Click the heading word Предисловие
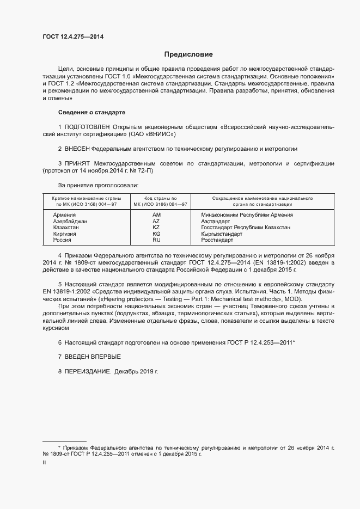click(x=188, y=54)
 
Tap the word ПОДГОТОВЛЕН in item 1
click(x=88, y=126)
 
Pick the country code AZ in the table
click(x=156, y=222)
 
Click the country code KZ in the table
click(x=156, y=228)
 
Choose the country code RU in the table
click(x=156, y=240)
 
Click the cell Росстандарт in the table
click(x=217, y=240)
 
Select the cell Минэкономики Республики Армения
click(x=247, y=215)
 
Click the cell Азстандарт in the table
click(x=216, y=222)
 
